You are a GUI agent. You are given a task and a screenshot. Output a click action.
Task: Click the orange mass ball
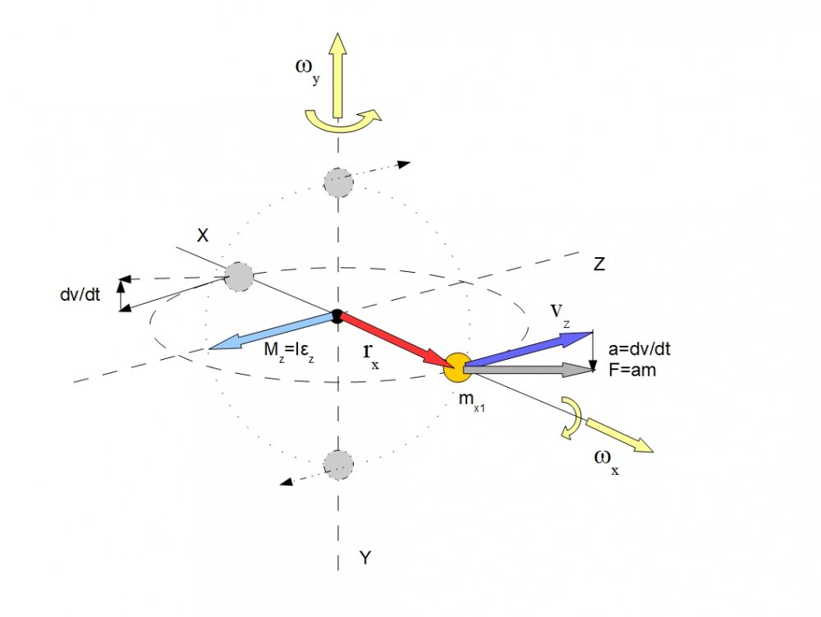pos(455,366)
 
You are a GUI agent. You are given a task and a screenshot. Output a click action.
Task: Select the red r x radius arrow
pos(394,340)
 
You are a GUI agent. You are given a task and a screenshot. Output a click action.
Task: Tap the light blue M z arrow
pos(271,332)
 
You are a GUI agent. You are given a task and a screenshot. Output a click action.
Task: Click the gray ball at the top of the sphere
pos(338,182)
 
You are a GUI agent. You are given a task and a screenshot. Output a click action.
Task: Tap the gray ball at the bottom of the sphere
pos(338,464)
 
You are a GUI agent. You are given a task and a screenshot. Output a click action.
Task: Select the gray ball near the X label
pos(239,275)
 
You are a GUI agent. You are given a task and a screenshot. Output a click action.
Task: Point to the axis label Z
pos(599,264)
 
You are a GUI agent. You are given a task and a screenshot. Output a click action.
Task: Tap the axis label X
pos(203,235)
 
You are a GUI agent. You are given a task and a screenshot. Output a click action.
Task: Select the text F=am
pos(633,370)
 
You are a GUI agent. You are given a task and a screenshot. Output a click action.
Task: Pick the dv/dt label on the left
pos(80,294)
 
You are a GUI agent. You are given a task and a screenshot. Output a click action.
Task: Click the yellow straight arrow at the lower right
pos(619,435)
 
